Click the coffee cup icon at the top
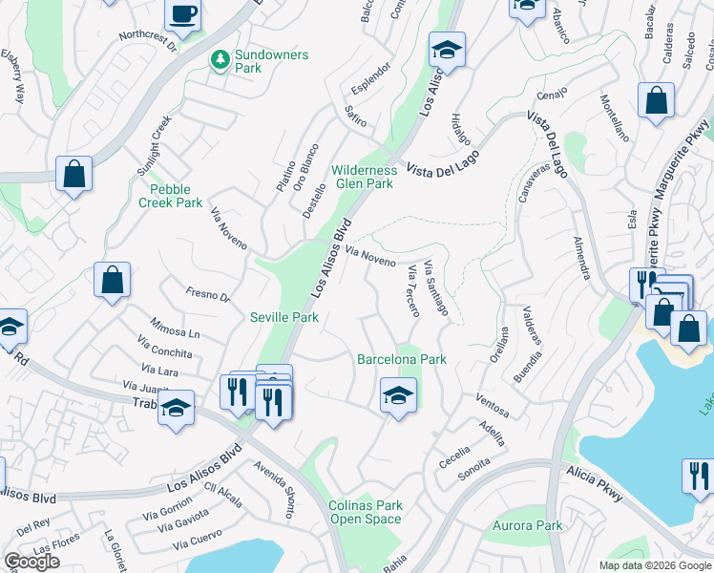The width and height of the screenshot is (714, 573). (x=182, y=14)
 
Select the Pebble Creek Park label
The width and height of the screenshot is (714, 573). (x=170, y=196)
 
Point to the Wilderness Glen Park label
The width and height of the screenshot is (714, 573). (x=363, y=177)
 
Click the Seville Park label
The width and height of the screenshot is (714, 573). (x=283, y=317)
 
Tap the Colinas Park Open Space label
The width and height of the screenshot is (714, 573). (x=366, y=512)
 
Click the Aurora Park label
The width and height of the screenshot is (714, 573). (x=527, y=525)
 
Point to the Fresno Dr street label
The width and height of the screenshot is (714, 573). (x=208, y=295)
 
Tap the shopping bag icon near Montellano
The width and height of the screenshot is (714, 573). (x=656, y=99)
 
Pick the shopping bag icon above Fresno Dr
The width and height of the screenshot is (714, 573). (x=112, y=280)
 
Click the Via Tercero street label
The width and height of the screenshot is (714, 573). (x=411, y=291)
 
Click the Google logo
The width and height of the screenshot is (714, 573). (x=31, y=562)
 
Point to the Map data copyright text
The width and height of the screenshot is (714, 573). (x=654, y=565)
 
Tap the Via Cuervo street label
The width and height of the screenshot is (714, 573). (x=198, y=542)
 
